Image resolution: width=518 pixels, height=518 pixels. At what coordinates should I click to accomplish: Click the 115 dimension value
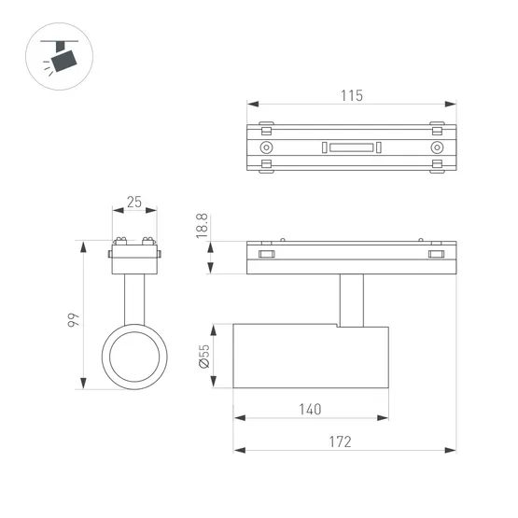coord(351,94)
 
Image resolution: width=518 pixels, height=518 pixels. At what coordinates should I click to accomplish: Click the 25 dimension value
coord(134,202)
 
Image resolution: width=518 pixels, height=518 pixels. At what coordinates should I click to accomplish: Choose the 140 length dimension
coord(311,409)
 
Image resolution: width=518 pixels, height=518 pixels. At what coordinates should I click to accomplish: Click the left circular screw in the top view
coord(267,147)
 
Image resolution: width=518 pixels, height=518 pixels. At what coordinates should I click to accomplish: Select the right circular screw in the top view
coord(436,147)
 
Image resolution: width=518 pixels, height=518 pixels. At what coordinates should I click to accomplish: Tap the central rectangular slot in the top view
coord(351,147)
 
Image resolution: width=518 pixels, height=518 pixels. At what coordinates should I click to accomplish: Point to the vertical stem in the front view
coord(134,298)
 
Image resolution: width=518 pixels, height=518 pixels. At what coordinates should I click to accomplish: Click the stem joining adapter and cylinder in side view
coord(351,300)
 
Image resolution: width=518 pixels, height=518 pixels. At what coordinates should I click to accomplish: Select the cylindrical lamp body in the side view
coord(311,357)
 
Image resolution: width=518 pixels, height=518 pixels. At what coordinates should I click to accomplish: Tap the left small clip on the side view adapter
coord(267,253)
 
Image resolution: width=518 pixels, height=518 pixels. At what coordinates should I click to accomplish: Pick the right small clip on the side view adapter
coord(436,253)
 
